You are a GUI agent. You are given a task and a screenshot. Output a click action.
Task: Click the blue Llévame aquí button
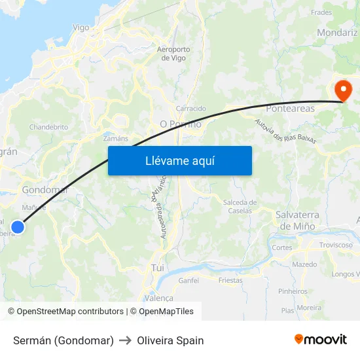click(179, 160)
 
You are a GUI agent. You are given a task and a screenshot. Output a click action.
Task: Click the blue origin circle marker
click(18, 227)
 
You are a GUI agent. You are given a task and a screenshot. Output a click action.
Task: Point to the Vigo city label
click(81, 27)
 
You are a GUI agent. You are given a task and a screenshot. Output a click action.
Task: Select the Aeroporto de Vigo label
click(174, 54)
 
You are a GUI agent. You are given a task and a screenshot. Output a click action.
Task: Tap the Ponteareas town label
click(290, 109)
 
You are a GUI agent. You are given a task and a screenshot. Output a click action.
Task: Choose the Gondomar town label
click(45, 190)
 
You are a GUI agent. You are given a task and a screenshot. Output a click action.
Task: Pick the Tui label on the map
click(157, 268)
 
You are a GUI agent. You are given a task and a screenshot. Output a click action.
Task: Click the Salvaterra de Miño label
click(297, 220)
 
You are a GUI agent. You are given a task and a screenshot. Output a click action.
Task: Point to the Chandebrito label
click(48, 127)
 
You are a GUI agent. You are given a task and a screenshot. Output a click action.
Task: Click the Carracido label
click(191, 109)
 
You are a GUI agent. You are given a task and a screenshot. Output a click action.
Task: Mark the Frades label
click(321, 12)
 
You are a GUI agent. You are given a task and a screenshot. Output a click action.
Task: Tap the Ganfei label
click(189, 280)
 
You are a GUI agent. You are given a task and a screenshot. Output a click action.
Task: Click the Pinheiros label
click(293, 291)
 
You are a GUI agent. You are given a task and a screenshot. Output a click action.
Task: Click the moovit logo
click(321, 340)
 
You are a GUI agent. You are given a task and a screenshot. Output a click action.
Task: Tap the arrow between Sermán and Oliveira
click(126, 340)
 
